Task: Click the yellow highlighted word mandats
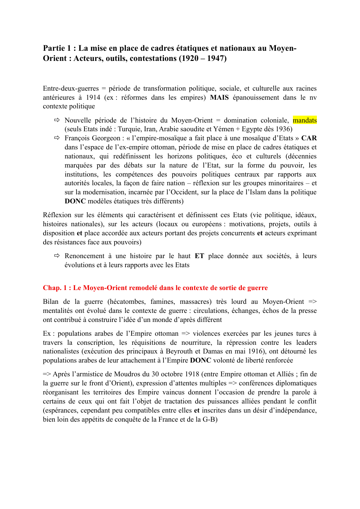[x=305, y=120]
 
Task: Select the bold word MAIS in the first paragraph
[x=219, y=98]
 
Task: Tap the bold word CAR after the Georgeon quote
[x=309, y=138]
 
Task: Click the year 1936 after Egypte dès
[x=283, y=129]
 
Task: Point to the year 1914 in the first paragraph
[x=93, y=98]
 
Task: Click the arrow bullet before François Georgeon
[x=57, y=138]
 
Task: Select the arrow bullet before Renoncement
[x=57, y=256]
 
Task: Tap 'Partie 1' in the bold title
[x=57, y=48]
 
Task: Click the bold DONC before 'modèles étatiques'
[x=75, y=201]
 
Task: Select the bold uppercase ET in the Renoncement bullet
[x=199, y=256]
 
